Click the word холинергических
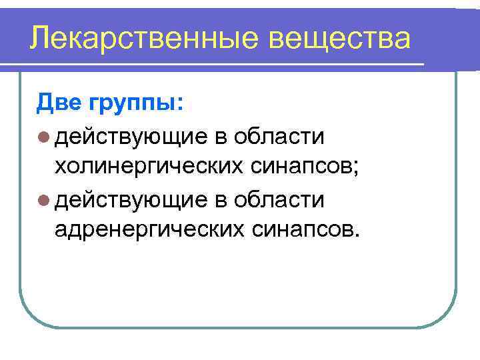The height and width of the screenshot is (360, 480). tap(150, 168)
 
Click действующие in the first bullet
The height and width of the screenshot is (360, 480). tap(132, 137)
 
